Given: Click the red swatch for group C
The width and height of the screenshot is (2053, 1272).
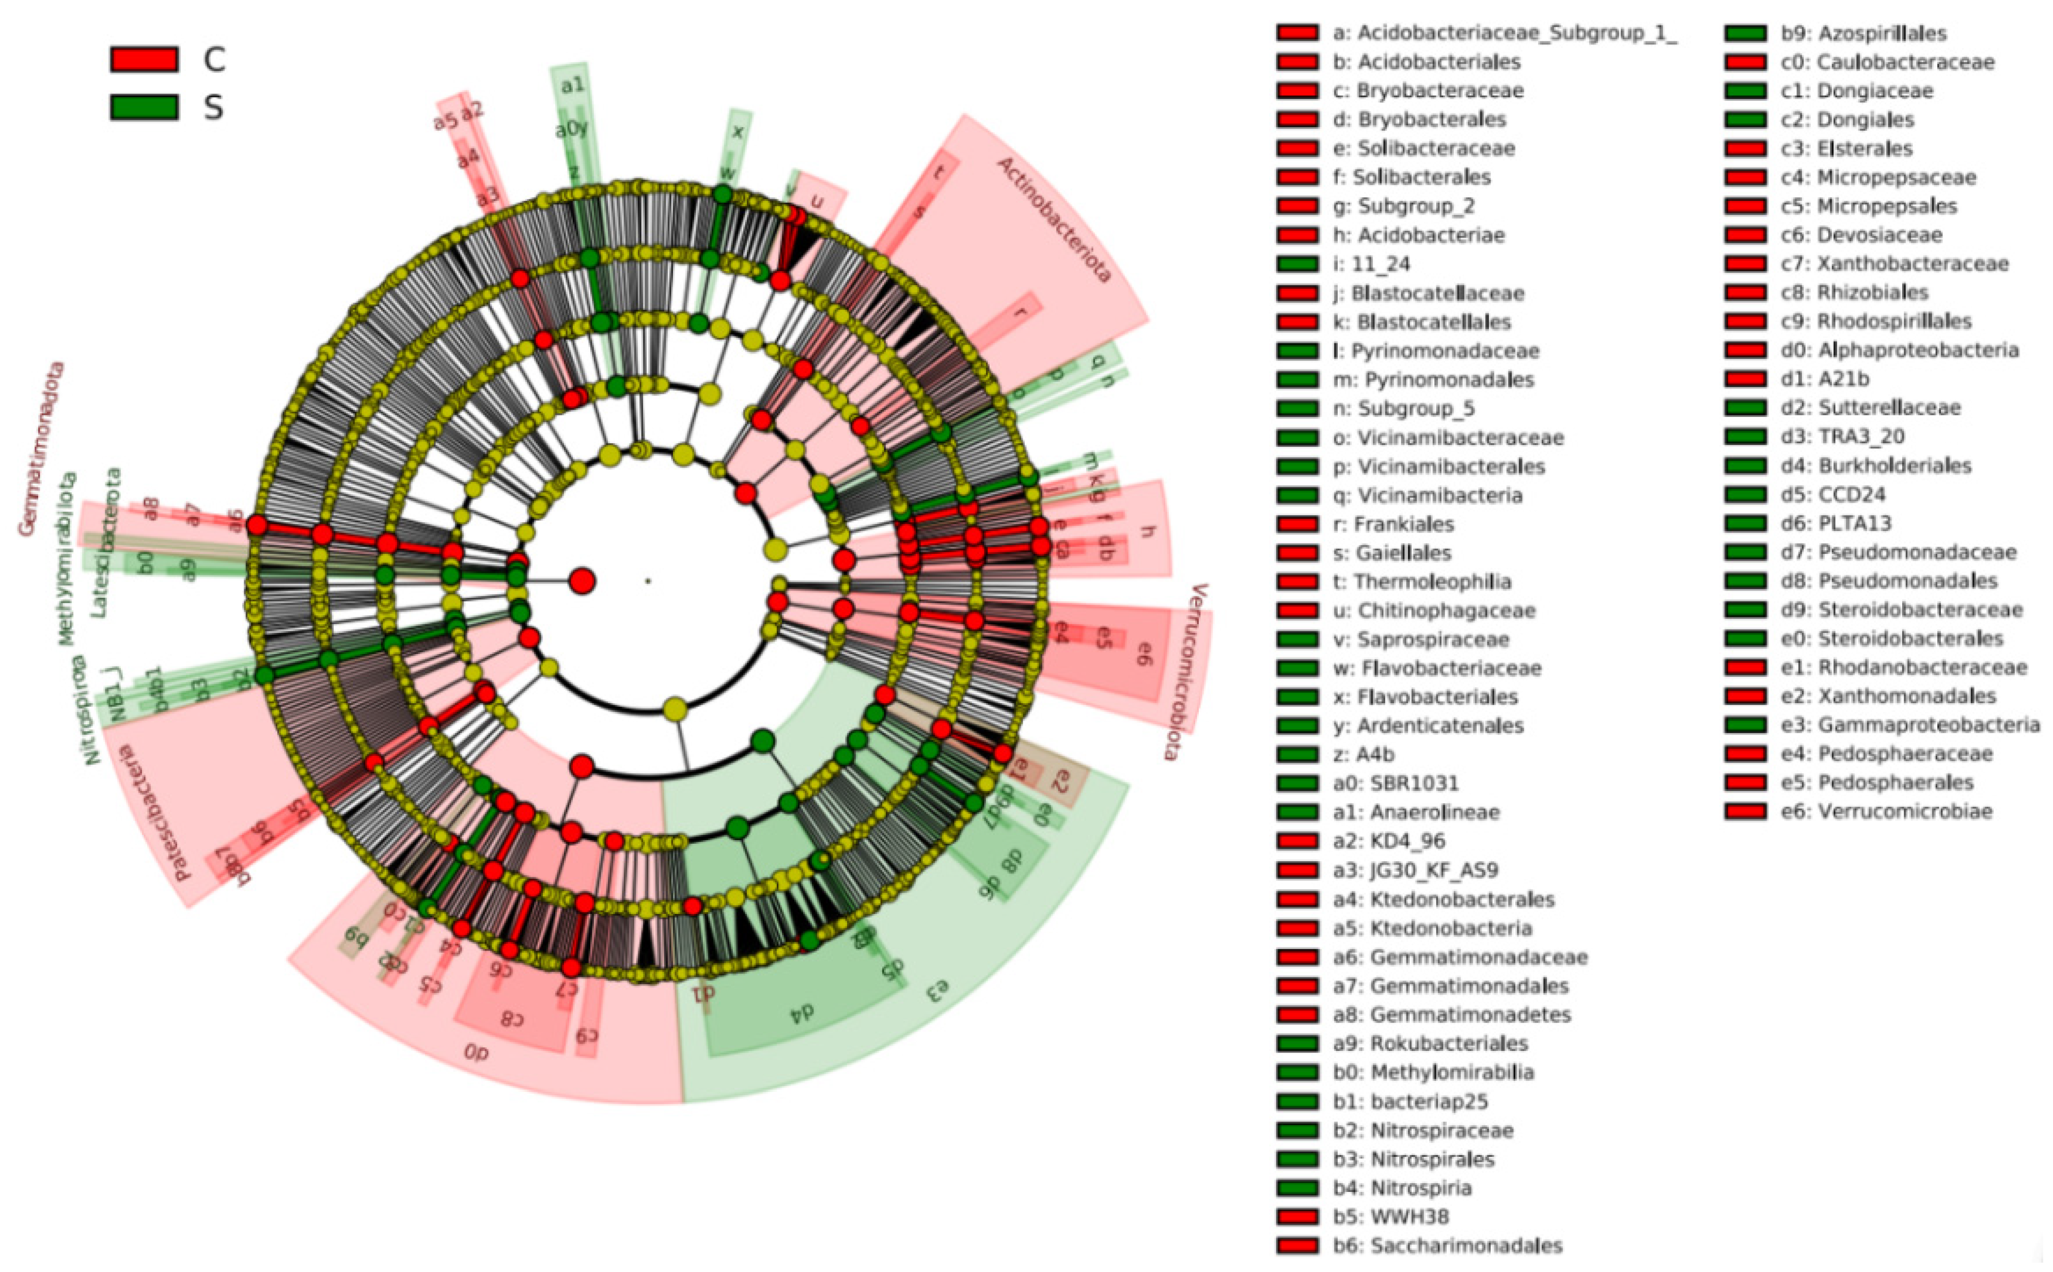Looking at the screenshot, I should click(144, 59).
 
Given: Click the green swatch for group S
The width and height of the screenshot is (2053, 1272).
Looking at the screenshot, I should click(144, 107).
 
